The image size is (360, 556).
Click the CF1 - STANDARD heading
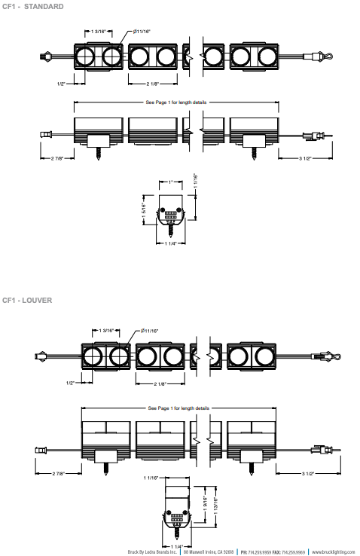33,6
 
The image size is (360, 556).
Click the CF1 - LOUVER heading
27,300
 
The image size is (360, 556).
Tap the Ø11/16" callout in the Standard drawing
142,32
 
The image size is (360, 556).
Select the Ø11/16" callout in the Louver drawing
149,331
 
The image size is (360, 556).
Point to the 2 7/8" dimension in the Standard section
56,158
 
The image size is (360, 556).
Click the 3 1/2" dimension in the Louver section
307,473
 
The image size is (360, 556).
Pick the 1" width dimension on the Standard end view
170,182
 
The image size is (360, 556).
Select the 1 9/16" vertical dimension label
205,504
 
